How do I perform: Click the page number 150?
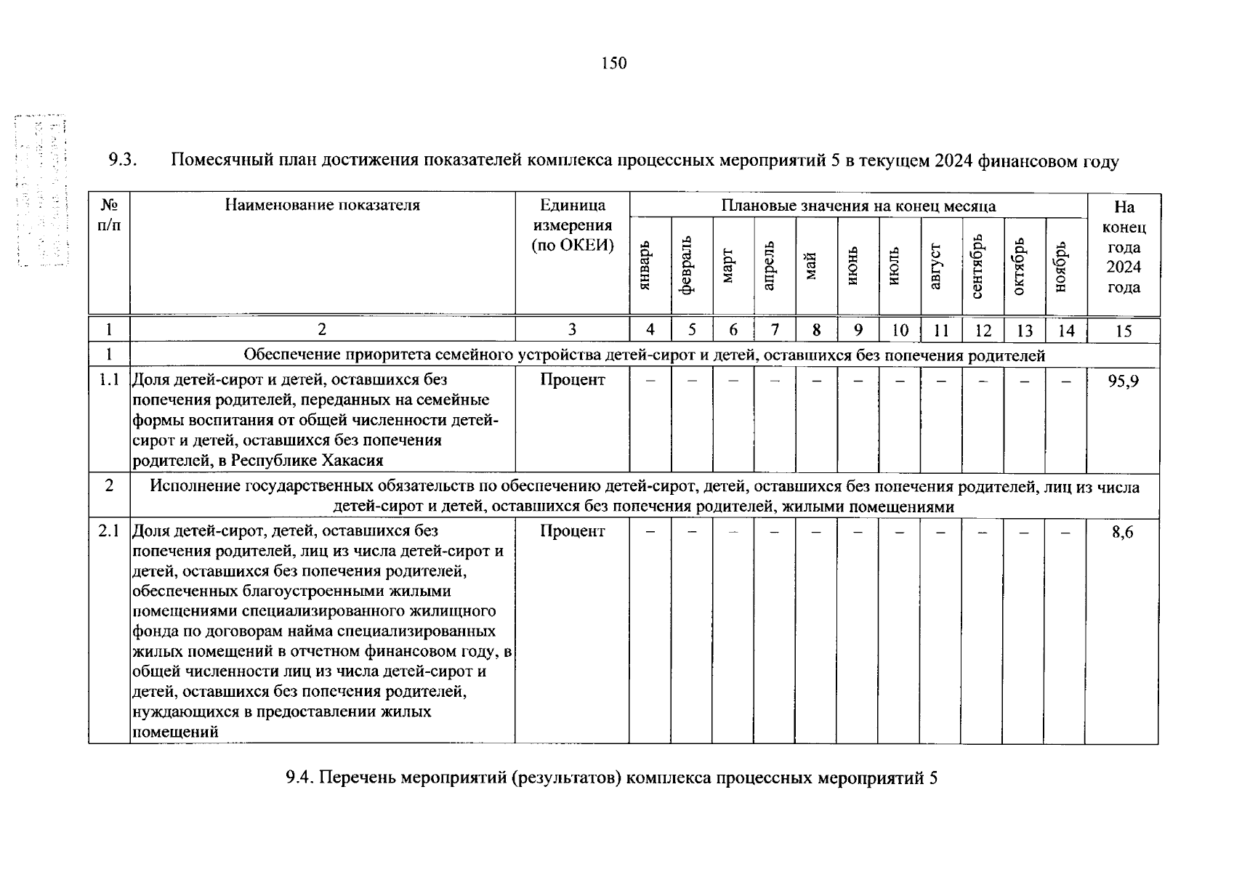point(613,64)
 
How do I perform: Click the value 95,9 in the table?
point(1123,381)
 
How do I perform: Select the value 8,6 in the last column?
point(1123,533)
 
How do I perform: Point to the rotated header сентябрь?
point(978,266)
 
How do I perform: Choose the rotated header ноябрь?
point(1062,267)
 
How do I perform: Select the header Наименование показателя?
point(322,205)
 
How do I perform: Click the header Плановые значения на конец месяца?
point(858,206)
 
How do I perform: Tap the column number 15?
point(1124,331)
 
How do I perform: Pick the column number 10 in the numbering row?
point(900,331)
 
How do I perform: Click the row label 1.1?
point(109,379)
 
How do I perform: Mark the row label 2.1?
point(109,531)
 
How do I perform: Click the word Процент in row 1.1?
point(573,379)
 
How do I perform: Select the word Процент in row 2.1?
point(573,531)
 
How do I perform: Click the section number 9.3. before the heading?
point(123,161)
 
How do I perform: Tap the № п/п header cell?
point(109,215)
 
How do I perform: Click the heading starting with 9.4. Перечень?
point(612,778)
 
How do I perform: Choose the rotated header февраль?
point(687,266)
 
